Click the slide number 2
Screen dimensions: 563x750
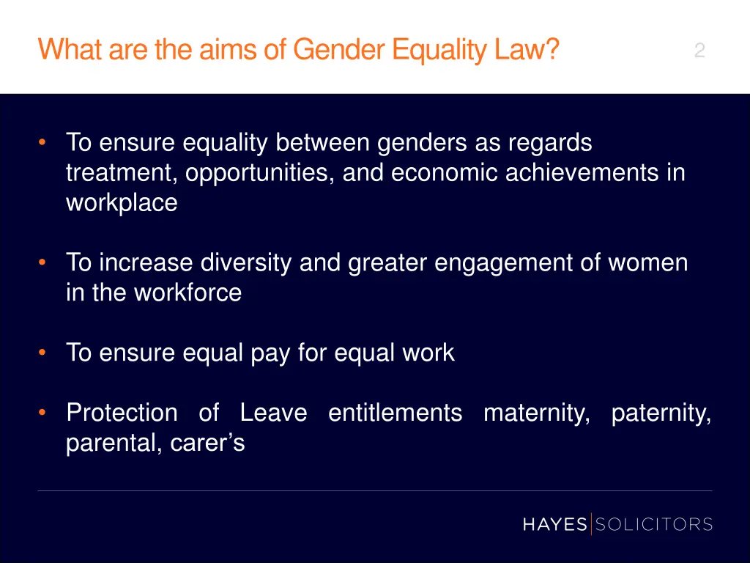(699, 51)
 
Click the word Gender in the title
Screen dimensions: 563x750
(339, 50)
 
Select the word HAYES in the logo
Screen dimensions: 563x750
(554, 524)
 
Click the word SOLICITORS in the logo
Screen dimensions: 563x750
(653, 524)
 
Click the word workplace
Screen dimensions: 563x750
(122, 202)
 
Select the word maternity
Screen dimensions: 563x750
(537, 413)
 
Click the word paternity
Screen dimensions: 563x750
(661, 413)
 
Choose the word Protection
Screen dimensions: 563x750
(122, 413)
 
